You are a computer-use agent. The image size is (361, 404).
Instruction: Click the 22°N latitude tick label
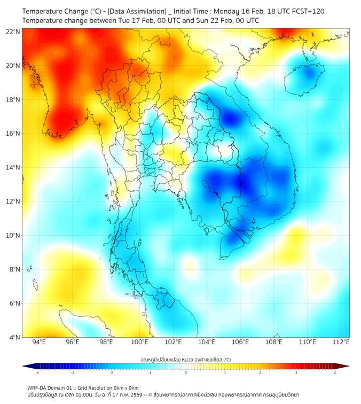tap(13, 32)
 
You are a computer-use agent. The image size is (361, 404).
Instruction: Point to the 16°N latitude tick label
tap(13, 134)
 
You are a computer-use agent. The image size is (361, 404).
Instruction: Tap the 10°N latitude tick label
tap(13, 236)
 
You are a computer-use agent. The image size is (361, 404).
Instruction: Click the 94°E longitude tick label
tap(39, 343)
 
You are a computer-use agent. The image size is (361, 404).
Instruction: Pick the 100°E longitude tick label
tap(139, 343)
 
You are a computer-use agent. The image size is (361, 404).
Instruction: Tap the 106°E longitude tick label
tap(240, 343)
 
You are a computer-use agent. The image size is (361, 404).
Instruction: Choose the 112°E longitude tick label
tap(341, 343)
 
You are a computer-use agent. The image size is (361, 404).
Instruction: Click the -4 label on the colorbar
tap(37, 373)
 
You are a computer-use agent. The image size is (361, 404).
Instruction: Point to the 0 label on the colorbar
tap(186, 373)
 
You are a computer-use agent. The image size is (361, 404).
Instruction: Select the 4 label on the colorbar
tap(335, 373)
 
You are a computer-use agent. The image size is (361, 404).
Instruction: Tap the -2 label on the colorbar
tap(111, 373)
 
